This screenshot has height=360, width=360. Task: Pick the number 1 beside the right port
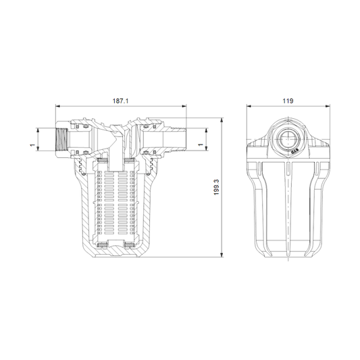(x=201, y=145)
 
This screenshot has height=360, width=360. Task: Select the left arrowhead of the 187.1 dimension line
(x=57, y=106)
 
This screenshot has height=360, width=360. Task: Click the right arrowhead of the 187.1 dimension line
(x=184, y=106)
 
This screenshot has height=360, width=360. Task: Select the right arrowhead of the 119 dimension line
(x=324, y=106)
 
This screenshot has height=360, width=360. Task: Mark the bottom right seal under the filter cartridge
(x=139, y=245)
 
